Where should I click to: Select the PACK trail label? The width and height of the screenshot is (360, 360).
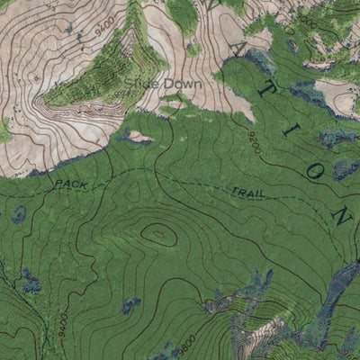click(73, 184)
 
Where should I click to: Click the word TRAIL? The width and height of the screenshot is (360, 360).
click(247, 193)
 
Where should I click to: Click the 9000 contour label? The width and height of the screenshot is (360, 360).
click(305, 16)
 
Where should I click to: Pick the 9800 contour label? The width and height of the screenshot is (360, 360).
click(185, 343)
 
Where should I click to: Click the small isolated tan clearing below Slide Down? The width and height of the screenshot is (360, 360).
click(138, 139)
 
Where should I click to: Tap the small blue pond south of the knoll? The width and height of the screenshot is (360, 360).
click(132, 305)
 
